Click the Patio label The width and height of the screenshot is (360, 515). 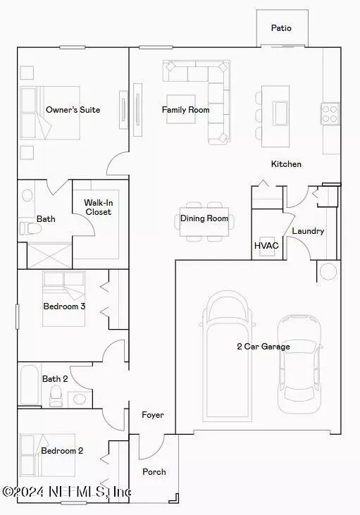[281, 28]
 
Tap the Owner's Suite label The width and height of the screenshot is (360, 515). [73, 110]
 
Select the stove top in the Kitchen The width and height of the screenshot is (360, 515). [330, 113]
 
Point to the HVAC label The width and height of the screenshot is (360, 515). [266, 246]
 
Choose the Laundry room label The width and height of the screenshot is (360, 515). [308, 231]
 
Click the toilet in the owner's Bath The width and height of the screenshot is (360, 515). [30, 228]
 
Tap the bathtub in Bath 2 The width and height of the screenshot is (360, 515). [30, 385]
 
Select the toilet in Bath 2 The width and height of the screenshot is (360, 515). [56, 395]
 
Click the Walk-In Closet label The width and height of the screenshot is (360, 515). [98, 207]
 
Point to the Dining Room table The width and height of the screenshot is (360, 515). [204, 222]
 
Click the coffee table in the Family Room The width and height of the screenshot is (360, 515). [181, 109]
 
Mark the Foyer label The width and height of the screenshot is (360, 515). [153, 415]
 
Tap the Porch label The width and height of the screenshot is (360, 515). [154, 472]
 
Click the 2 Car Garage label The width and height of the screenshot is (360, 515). [263, 347]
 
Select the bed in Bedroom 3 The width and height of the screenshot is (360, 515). [63, 299]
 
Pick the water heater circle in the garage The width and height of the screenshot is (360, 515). [328, 272]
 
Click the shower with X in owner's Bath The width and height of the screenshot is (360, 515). [49, 256]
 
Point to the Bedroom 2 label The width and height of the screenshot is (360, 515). [62, 451]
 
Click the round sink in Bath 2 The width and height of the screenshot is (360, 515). [80, 399]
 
